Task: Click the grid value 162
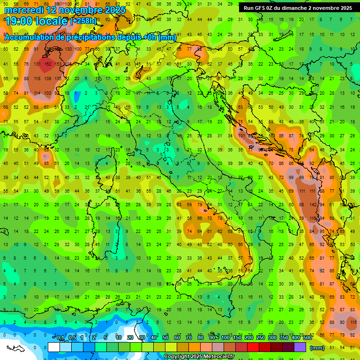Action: tap(48, 64)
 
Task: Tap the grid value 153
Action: tap(58, 64)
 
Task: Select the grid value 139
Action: tap(48, 78)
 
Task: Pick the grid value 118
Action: tap(37, 78)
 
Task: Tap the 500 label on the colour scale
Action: tap(307, 338)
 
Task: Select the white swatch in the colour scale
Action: tap(53, 347)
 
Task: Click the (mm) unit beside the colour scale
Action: tap(318, 348)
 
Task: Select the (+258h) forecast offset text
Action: tap(83, 21)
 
